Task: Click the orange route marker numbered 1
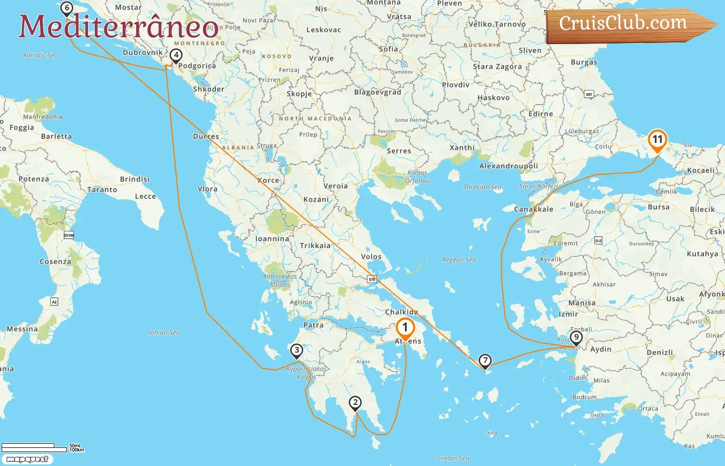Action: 405,328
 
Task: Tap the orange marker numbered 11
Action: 657,140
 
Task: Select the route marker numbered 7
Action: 485,360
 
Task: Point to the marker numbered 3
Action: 296,351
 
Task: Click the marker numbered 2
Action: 355,402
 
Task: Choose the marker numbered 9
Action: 576,337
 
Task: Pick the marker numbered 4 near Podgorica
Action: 176,55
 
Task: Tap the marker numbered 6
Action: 66,8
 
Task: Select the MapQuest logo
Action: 27,459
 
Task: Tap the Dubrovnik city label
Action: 142,52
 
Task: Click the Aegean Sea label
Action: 459,260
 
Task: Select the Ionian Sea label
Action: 164,332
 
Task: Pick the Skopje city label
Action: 299,94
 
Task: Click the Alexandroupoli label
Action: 509,166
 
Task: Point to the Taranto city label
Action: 102,190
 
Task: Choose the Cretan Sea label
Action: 453,458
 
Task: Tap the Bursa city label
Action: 659,207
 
